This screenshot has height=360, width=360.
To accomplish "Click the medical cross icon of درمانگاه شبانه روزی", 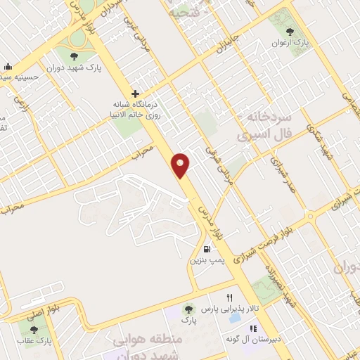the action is [x=135, y=94].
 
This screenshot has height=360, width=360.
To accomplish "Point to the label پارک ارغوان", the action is [x=291, y=43].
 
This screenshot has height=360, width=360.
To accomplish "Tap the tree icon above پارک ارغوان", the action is [x=291, y=32].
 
